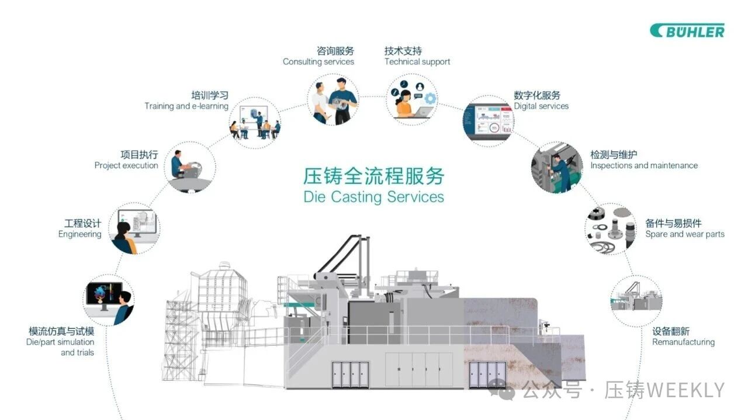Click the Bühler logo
click(x=687, y=31)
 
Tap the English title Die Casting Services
click(x=373, y=197)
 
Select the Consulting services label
click(x=318, y=62)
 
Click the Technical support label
click(x=417, y=62)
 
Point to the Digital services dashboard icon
click(x=488, y=121)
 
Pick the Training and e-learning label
click(x=186, y=106)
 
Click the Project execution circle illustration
click(x=190, y=168)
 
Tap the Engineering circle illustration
click(x=134, y=228)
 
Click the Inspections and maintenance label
click(x=644, y=165)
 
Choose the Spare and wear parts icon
click(x=611, y=229)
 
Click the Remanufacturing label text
click(x=683, y=342)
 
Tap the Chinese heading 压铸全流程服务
click(x=373, y=176)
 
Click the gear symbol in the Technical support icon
click(x=430, y=99)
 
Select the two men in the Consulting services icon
click(x=334, y=100)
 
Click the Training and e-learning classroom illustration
click(x=255, y=123)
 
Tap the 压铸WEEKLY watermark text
click(x=664, y=390)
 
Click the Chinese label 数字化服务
click(x=537, y=95)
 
